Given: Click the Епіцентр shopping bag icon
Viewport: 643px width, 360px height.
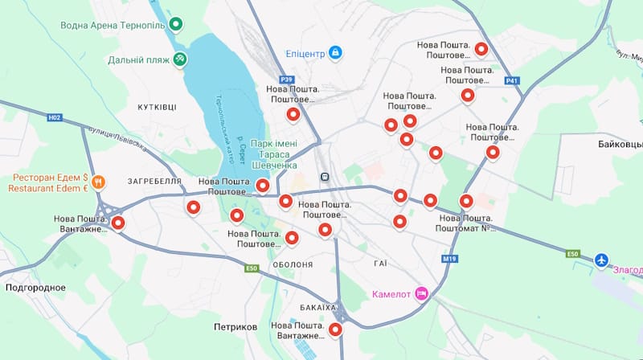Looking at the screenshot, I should tap(335, 54).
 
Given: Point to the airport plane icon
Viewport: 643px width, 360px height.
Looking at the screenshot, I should tap(603, 260).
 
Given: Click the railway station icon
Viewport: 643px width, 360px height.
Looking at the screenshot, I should tap(325, 176).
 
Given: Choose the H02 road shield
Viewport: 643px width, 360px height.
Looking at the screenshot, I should tap(54, 117).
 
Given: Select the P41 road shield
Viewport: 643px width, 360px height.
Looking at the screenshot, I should tap(512, 80).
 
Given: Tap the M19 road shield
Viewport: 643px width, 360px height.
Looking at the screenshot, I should tap(448, 259).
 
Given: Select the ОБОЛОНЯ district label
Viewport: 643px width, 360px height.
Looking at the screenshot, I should tap(293, 264).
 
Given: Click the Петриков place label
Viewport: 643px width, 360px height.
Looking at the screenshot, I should tap(235, 327).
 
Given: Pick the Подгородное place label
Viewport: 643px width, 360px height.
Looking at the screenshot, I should tap(35, 287).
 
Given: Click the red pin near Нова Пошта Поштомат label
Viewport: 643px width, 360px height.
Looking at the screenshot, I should tap(466, 202).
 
